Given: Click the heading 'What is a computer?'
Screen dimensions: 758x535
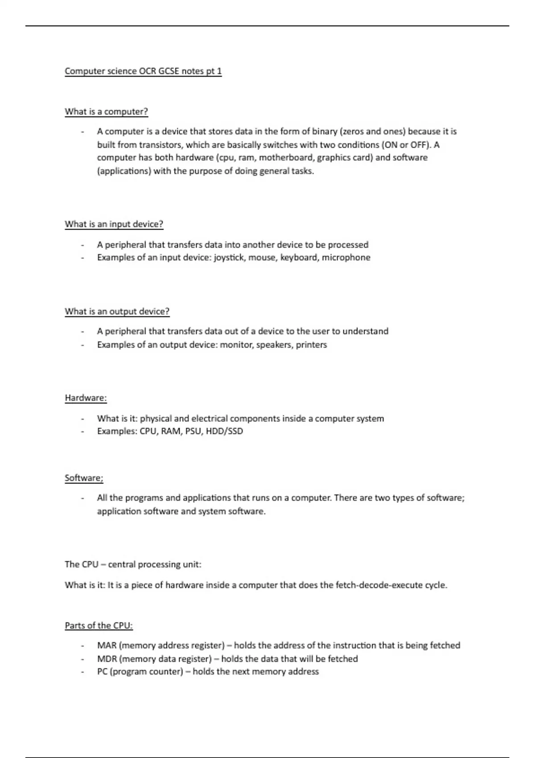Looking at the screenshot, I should tap(106, 111).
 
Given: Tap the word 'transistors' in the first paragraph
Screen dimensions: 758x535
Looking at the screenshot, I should tap(160, 145).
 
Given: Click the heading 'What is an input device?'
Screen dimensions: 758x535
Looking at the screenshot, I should tap(114, 224).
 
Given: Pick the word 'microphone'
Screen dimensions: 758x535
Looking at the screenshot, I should tap(346, 258).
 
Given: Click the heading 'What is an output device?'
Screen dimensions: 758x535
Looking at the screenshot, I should tap(117, 312).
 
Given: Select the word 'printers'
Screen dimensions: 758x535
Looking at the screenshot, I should tap(311, 345).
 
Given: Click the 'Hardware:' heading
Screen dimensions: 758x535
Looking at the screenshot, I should tap(86, 398).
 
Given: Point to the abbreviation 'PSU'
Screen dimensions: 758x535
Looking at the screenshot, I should tap(193, 432).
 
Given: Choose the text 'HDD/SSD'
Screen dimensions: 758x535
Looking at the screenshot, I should tap(224, 432).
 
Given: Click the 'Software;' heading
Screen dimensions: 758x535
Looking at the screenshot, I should tap(84, 478).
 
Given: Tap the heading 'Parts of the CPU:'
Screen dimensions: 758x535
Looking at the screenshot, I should tap(99, 626).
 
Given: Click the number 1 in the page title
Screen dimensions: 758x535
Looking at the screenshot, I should tap(219, 71).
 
